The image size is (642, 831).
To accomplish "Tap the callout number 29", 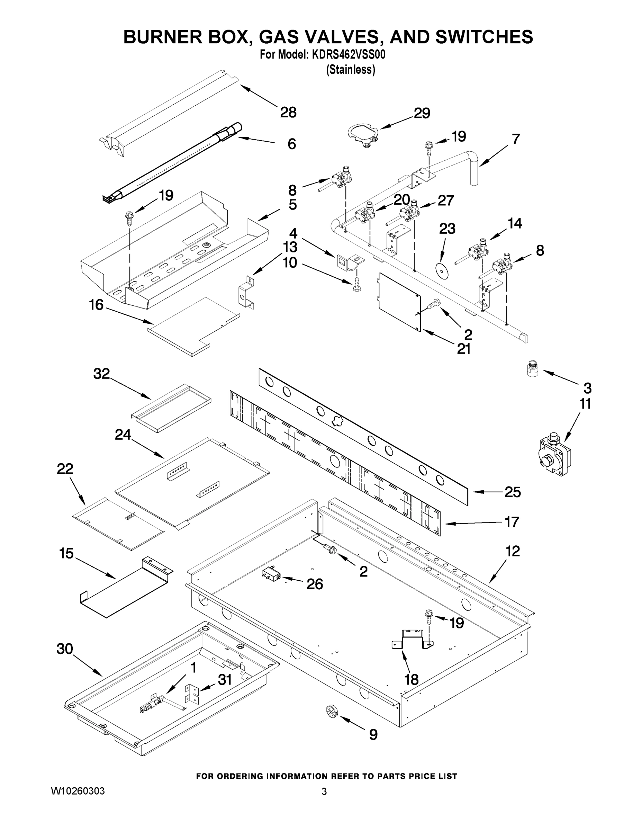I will click(x=422, y=113).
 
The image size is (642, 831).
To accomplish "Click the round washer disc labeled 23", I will click(x=442, y=269).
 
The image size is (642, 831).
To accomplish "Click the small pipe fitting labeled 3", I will click(x=533, y=369).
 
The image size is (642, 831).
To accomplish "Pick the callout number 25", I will click(x=512, y=492).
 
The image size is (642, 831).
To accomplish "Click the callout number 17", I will click(x=512, y=522).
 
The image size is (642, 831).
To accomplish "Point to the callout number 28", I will click(x=288, y=112).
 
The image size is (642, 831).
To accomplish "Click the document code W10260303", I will click(x=78, y=792).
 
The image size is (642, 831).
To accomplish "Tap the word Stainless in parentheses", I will click(x=351, y=70).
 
